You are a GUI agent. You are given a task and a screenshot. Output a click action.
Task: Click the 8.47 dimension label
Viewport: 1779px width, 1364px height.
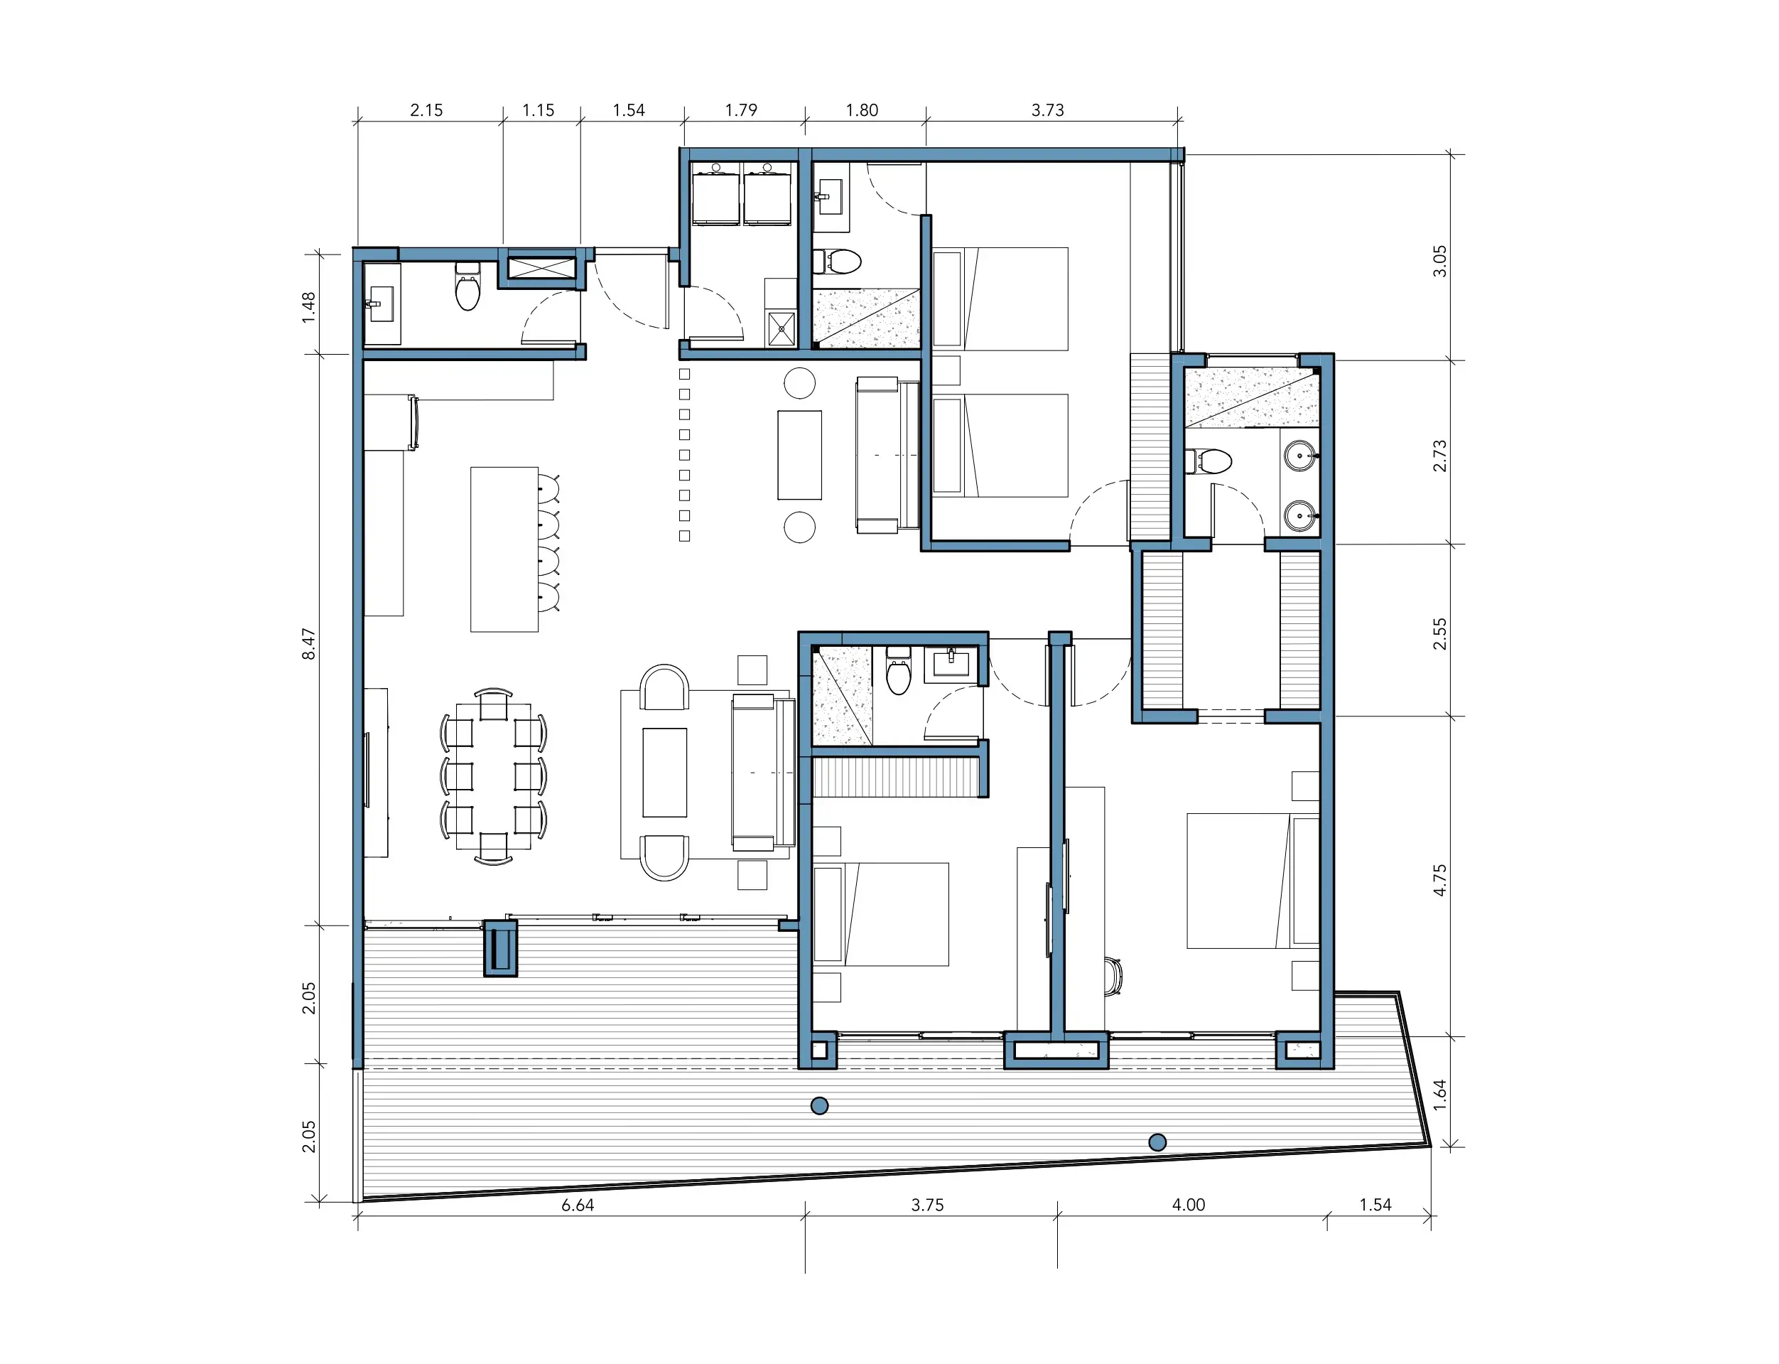click(x=309, y=644)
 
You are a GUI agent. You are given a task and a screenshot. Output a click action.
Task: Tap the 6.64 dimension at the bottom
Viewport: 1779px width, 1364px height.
click(x=578, y=1205)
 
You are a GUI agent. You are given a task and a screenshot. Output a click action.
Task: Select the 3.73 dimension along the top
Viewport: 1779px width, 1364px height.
click(x=1048, y=110)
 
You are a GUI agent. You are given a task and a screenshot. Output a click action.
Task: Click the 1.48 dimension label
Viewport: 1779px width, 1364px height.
click(x=309, y=308)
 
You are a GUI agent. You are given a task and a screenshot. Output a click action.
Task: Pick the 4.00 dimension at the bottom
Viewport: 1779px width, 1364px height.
click(x=1188, y=1205)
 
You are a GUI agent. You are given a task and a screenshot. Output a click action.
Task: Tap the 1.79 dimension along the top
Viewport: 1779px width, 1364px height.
click(x=741, y=110)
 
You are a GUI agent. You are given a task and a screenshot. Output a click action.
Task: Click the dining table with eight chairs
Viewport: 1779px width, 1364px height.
click(x=494, y=776)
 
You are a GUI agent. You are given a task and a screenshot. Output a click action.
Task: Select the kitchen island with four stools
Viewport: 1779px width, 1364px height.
click(x=514, y=549)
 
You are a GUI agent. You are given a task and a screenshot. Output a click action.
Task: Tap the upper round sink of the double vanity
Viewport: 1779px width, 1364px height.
click(x=1300, y=456)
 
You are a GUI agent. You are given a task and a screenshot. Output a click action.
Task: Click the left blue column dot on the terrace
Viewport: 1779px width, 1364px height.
click(x=820, y=1105)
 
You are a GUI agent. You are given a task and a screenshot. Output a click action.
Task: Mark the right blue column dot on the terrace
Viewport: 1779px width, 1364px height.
click(x=1158, y=1142)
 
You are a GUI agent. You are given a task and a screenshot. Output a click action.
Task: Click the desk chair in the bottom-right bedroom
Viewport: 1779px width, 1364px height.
click(x=1113, y=975)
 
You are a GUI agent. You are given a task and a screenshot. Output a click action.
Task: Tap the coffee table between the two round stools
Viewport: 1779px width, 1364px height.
click(x=799, y=455)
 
